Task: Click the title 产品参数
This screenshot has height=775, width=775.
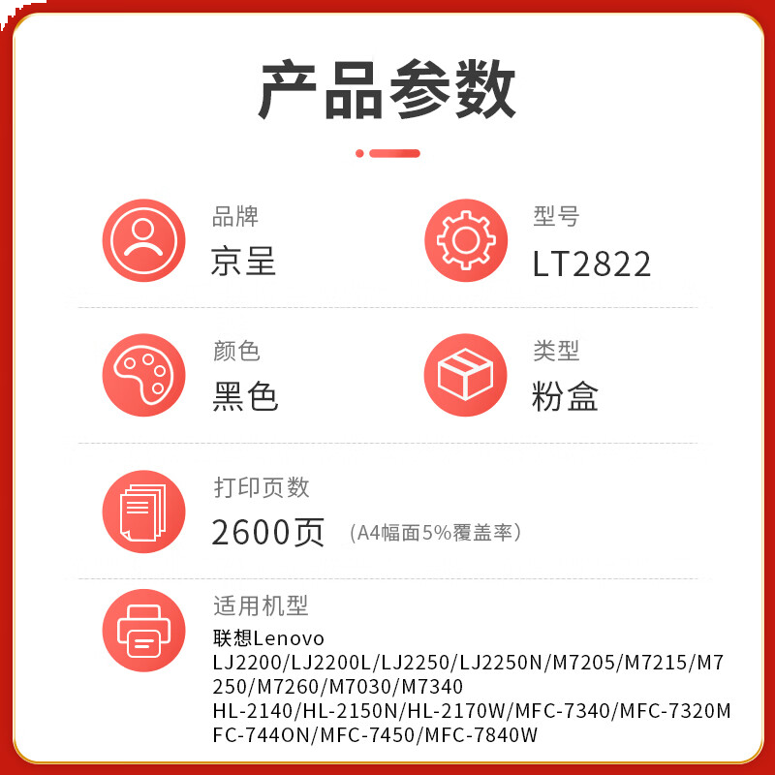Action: pyautogui.click(x=387, y=89)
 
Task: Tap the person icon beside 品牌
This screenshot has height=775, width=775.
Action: pyautogui.click(x=143, y=240)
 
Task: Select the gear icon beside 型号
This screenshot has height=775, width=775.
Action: pyautogui.click(x=466, y=240)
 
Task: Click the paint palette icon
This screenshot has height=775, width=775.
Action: pyautogui.click(x=143, y=375)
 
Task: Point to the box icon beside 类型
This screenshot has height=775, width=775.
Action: pyautogui.click(x=466, y=375)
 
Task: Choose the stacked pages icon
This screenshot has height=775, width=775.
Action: pyautogui.click(x=143, y=511)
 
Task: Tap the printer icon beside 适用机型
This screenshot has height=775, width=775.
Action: pyautogui.click(x=143, y=631)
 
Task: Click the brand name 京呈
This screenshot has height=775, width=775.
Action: pyautogui.click(x=244, y=263)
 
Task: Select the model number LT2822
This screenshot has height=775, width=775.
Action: pyautogui.click(x=591, y=263)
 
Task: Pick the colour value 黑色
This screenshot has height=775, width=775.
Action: pyautogui.click(x=245, y=397)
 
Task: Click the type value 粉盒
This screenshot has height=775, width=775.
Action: pyautogui.click(x=566, y=397)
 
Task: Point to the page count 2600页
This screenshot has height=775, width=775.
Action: pyautogui.click(x=268, y=532)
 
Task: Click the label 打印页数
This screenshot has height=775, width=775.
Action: pyautogui.click(x=262, y=487)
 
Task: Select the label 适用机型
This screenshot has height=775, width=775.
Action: pyautogui.click(x=261, y=606)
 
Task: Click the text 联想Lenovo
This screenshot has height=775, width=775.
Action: pyautogui.click(x=269, y=639)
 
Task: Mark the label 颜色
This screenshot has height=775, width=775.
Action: pyautogui.click(x=236, y=352)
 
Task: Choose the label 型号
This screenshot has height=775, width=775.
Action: pyautogui.click(x=556, y=217)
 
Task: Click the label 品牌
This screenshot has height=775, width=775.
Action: pyautogui.click(x=235, y=217)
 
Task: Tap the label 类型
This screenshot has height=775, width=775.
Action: pyautogui.click(x=556, y=352)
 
